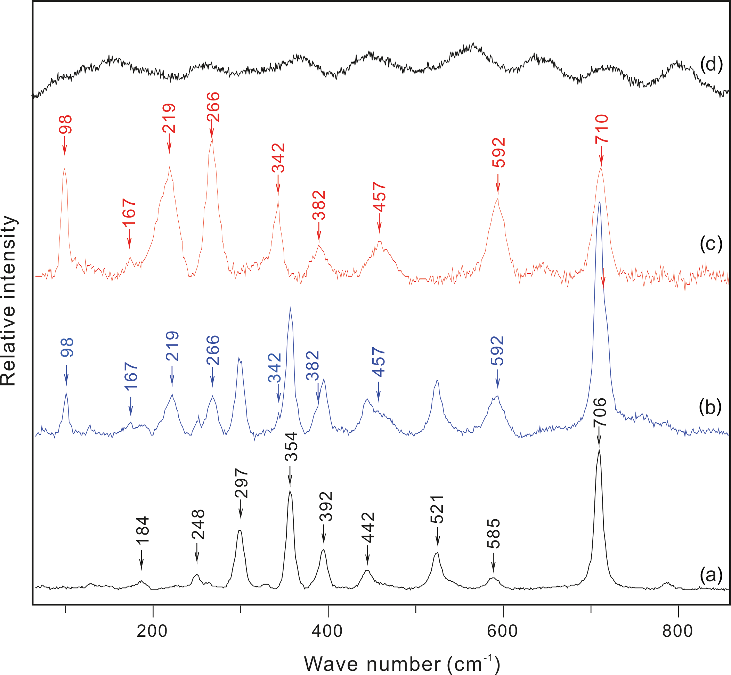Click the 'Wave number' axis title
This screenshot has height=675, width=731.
point(402,663)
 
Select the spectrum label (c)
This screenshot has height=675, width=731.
point(711,244)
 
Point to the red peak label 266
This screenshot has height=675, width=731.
point(213,107)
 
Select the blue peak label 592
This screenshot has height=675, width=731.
point(497,351)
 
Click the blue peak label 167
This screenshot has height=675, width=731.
point(130,376)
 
